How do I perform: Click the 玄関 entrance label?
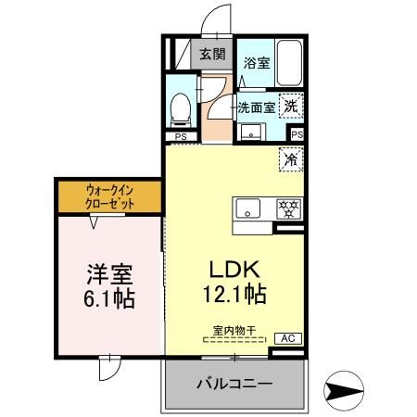click(212, 54)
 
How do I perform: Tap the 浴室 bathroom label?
click(256, 63)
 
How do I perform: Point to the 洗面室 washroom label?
click(256, 107)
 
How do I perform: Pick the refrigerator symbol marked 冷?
click(291, 158)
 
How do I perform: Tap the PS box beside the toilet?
click(180, 136)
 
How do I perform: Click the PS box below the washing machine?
click(296, 135)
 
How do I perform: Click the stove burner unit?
click(288, 208)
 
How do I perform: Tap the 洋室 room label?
click(110, 274)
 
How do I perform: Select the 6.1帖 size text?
click(110, 300)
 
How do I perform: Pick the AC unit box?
click(288, 339)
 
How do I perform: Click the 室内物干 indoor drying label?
click(233, 330)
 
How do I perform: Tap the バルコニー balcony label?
click(234, 384)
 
